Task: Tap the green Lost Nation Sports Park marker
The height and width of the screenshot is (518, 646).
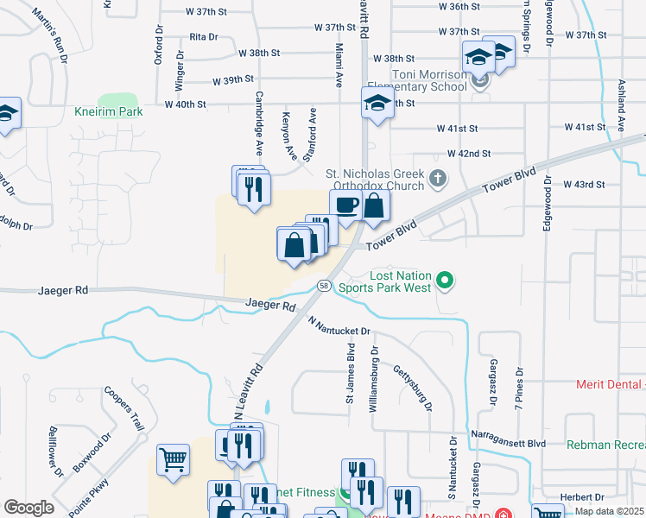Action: [445, 280]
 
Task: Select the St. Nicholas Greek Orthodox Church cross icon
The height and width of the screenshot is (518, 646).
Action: [438, 180]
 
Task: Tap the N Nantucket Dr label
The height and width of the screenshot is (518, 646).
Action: [339, 325]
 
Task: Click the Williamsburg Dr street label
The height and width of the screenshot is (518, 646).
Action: [375, 379]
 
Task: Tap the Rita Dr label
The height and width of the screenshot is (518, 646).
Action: [204, 37]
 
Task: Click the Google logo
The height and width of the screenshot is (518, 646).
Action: [28, 508]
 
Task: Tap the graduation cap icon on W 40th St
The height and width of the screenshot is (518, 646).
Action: [376, 104]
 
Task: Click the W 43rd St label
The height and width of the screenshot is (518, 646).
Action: [585, 185]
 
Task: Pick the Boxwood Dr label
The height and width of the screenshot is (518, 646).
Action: [93, 452]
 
